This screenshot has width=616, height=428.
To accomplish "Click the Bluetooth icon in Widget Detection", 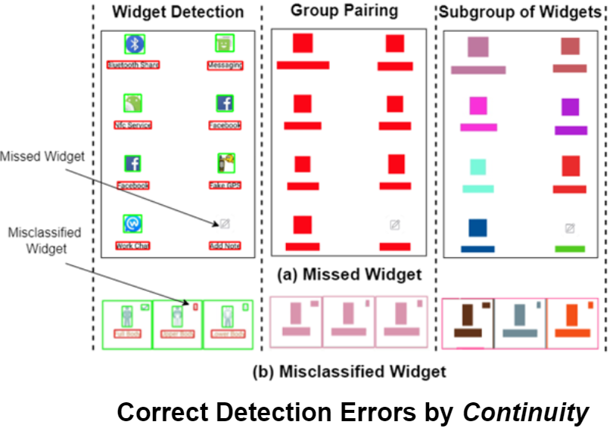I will [x=135, y=44].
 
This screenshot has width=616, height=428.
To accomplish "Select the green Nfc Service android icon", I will [x=133, y=103].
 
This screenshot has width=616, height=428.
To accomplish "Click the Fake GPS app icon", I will [x=225, y=163].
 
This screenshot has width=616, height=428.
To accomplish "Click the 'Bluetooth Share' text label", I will [x=134, y=65].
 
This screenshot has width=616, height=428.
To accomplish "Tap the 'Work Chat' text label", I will [x=132, y=246].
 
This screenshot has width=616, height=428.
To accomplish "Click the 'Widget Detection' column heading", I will [x=178, y=12].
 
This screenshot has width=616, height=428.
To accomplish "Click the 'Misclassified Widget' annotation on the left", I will [x=43, y=240].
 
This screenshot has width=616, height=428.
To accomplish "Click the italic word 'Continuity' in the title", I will [x=525, y=413].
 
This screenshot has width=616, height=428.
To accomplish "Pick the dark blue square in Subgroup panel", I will [x=478, y=228].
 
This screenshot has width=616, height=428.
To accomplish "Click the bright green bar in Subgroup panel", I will [x=570, y=248].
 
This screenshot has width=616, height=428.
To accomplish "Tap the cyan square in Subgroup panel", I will [x=478, y=167].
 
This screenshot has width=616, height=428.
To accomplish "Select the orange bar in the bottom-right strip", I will [x=572, y=333].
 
